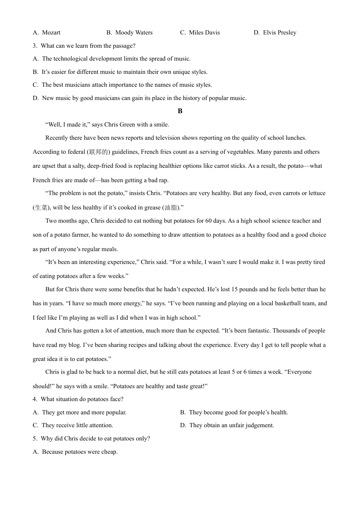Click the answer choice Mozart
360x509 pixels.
coord(51,33)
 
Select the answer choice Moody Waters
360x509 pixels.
coord(133,33)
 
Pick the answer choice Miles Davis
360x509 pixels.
coord(204,33)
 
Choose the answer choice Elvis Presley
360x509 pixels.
coord(279,33)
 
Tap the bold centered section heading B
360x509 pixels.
coord(180,111)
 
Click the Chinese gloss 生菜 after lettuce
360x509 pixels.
coord(41,208)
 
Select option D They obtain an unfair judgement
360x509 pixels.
coord(231,425)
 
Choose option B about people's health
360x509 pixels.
coord(238,412)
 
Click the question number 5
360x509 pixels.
coord(34,439)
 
